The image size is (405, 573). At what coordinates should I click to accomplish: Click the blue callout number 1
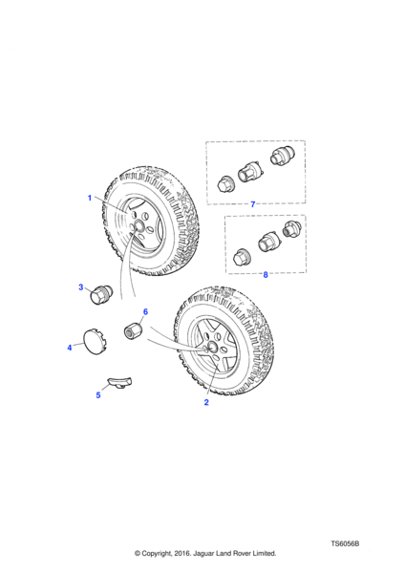pos(90,198)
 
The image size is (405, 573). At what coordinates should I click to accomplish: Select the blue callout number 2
pos(206,402)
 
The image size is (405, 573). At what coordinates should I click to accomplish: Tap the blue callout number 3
pos(81,287)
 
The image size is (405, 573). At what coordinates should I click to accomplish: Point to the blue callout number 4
pos(70,348)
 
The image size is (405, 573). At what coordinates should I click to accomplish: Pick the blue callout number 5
pos(98,395)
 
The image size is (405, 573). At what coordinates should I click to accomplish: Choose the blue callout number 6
pos(145,311)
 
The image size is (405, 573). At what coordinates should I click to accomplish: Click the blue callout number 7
pos(252,204)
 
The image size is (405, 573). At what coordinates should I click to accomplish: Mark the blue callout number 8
pos(266,274)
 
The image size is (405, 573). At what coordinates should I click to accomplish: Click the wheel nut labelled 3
pos(101,295)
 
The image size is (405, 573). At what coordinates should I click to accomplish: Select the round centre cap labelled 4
pos(95,343)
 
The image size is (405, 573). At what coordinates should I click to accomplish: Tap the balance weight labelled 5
pos(119,383)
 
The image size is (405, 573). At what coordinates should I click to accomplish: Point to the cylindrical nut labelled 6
pos(133,330)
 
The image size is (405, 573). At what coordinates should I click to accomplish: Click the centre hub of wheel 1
pos(139,225)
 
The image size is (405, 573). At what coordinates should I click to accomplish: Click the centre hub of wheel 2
pos(212,347)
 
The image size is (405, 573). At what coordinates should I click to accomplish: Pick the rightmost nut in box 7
pos(282,155)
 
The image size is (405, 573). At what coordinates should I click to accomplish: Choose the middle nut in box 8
pos(269,242)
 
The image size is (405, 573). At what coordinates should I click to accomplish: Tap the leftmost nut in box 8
pos(242,257)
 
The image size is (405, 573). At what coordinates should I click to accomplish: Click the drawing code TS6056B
pos(345,543)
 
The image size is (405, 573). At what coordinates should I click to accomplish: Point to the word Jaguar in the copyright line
pos(204,553)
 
